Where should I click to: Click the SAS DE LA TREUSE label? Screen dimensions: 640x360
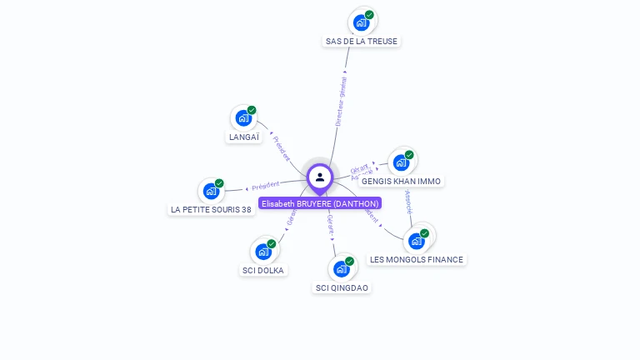[362, 41]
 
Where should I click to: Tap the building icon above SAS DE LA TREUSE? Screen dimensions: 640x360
[361, 22]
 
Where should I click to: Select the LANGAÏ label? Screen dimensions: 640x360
[243, 137]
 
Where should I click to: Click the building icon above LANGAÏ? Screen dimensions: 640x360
[243, 117]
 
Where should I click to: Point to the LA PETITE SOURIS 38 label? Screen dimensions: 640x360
[211, 209]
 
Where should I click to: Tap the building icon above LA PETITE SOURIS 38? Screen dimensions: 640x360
[211, 191]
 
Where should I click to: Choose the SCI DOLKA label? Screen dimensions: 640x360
[262, 270]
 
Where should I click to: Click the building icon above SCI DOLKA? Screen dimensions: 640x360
[263, 251]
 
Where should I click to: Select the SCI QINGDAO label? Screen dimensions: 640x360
[342, 287]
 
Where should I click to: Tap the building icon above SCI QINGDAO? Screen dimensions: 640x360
[341, 268]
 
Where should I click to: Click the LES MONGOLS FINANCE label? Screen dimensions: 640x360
[416, 259]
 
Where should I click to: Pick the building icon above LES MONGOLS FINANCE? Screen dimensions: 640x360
[417, 241]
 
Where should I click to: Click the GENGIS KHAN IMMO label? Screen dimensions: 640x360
[401, 181]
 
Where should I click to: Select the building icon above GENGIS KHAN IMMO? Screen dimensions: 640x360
[401, 162]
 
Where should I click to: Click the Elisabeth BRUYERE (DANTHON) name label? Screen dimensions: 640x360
[320, 203]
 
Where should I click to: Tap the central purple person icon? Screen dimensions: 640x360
[320, 177]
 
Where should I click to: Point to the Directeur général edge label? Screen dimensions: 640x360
[341, 102]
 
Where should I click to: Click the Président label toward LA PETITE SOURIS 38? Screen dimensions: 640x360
[265, 186]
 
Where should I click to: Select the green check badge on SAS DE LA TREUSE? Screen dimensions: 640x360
[369, 15]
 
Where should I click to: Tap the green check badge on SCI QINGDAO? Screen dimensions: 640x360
[349, 261]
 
